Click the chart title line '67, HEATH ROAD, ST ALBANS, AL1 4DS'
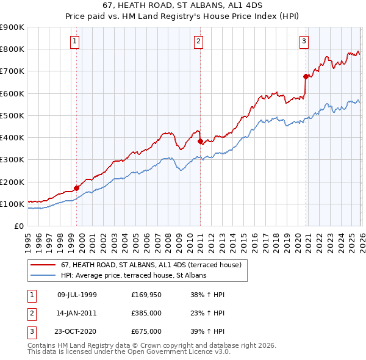coord(183,5)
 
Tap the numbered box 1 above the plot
coord(74,41)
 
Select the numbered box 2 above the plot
coord(199,41)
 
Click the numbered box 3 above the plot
coord(304,41)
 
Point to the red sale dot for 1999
coord(76,188)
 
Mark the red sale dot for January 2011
coord(200,141)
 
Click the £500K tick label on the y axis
coord(12,115)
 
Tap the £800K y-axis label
coord(12,49)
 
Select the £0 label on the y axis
coord(18,226)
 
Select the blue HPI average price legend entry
coord(134,276)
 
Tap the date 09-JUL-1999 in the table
coord(77,295)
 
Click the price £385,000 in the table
coord(146,313)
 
